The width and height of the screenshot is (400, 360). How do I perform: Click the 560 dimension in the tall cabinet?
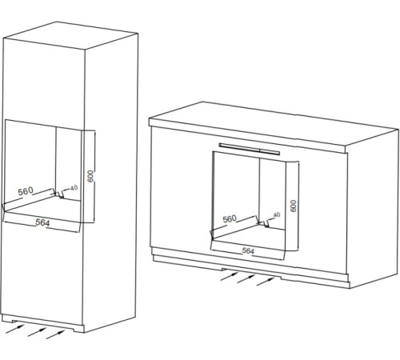coord(26,191)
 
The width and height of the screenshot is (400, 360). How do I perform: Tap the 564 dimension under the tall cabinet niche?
coord(42,222)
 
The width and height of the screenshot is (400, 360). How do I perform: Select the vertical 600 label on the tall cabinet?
coord(90,176)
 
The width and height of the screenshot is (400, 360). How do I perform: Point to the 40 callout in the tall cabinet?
coord(74,188)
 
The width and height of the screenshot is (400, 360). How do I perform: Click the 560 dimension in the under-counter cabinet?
coord(230,219)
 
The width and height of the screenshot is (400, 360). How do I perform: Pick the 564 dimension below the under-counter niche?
coord(248,250)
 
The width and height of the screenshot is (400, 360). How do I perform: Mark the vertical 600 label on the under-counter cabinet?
coord(293,206)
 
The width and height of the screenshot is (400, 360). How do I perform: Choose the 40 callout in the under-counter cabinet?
coord(277,214)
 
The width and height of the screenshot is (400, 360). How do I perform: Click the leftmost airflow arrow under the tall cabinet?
coord(15,329)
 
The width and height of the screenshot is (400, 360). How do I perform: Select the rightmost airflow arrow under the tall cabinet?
coord(55,334)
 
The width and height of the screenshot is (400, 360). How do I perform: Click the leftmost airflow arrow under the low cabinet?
coord(229,276)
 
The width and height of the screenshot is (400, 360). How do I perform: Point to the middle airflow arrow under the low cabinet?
coord(246,279)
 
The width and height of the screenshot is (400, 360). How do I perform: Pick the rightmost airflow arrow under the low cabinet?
coord(266,282)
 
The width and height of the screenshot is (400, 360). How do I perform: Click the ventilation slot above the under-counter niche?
coord(250,149)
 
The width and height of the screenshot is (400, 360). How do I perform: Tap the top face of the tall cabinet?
coord(70,35)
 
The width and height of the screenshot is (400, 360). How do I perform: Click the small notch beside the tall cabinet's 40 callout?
coord(62,195)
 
